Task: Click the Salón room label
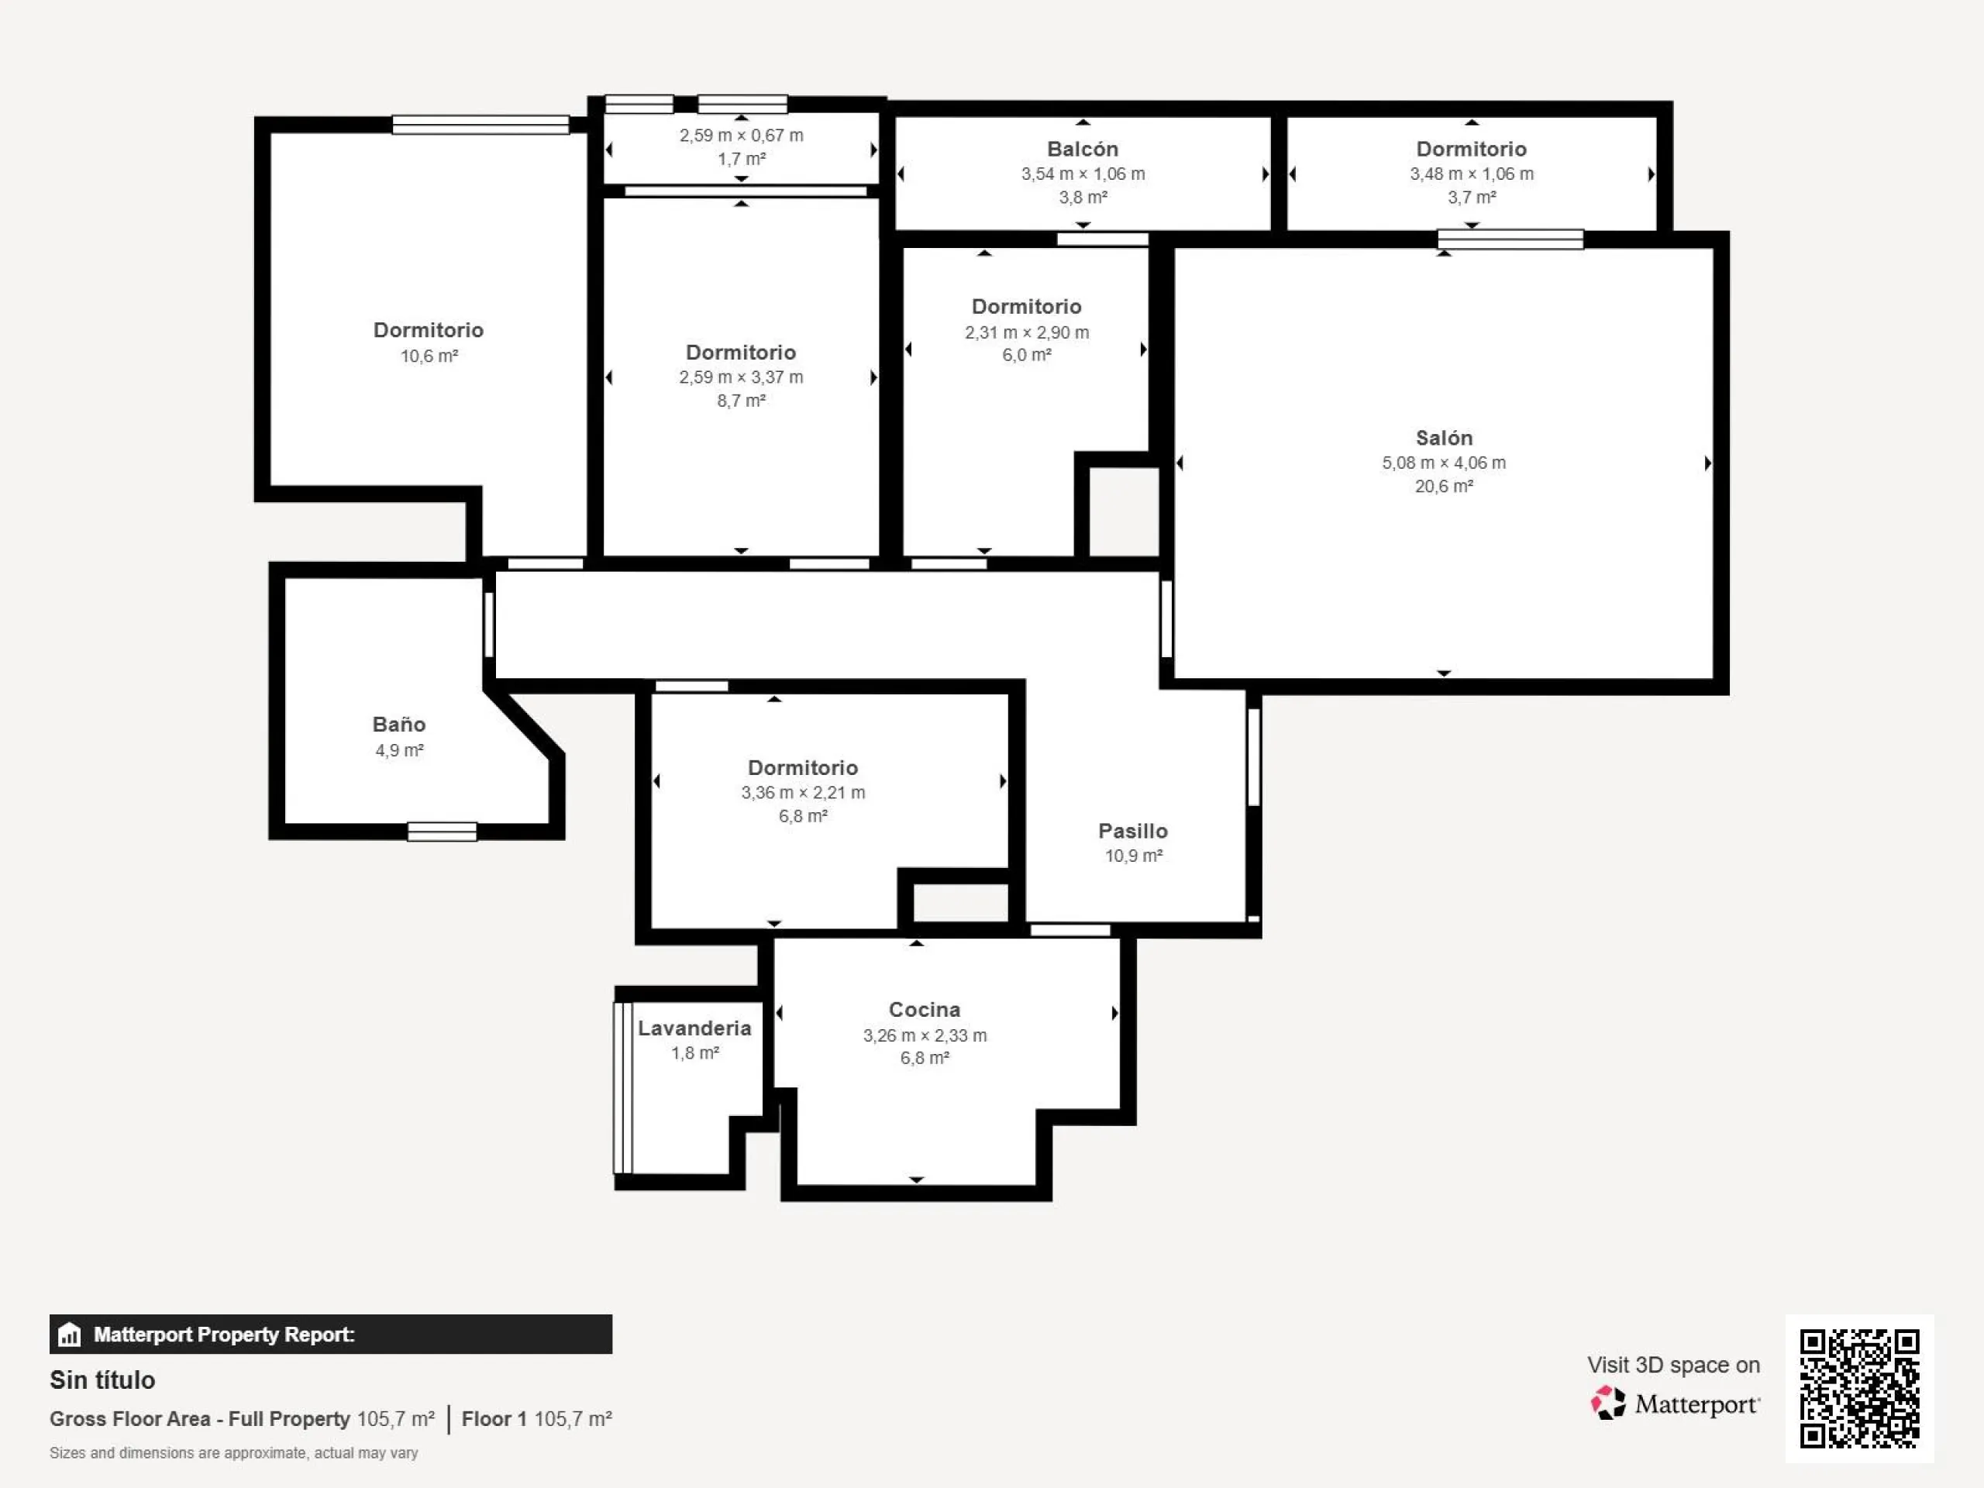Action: pos(1443,438)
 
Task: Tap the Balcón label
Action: pos(1083,149)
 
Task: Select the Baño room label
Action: pos(399,724)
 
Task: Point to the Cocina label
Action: pos(925,1010)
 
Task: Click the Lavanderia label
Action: pos(694,1028)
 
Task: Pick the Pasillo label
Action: pos(1133,832)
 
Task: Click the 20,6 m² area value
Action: pos(1444,486)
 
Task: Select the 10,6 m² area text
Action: pos(429,356)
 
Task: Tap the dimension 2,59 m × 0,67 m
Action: pos(741,136)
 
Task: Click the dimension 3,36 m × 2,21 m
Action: pos(803,792)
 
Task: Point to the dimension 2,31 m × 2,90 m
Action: pos(1027,332)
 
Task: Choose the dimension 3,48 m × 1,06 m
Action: pos(1472,174)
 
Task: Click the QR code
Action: pos(1859,1389)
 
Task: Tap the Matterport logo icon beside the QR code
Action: pos(1608,1403)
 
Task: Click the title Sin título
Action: pos(102,1380)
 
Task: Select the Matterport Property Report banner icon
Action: pos(69,1335)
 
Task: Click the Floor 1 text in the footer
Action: pos(494,1419)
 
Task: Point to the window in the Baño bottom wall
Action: pos(443,832)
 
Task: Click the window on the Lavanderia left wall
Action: pos(622,1087)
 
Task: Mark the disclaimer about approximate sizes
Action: pos(233,1453)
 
